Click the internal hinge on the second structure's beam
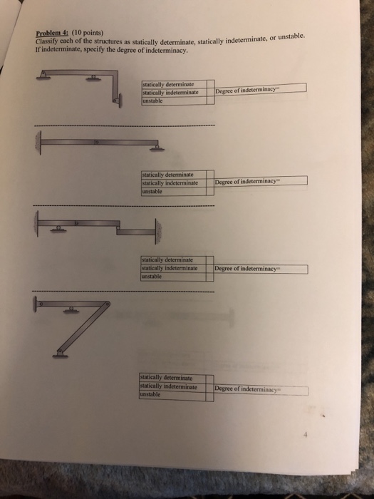(99, 143)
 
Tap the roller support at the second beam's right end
(156, 148)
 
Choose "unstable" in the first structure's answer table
(153, 101)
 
